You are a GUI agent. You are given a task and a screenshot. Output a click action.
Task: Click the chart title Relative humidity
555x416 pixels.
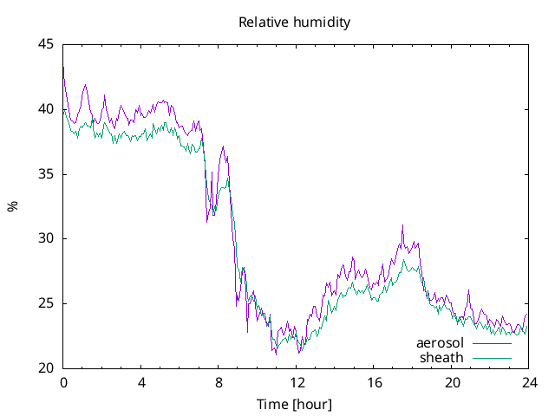295,23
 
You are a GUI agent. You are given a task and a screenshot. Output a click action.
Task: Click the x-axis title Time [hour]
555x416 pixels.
295,405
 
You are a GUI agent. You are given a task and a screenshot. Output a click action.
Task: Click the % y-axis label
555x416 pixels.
12,206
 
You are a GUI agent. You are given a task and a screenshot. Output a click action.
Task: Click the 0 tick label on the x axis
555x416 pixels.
63,382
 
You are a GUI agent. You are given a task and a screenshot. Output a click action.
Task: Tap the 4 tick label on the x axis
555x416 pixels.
141,382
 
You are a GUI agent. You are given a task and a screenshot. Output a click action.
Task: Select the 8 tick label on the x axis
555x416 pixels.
219,382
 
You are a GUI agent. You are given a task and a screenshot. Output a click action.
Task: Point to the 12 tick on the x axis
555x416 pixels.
297,382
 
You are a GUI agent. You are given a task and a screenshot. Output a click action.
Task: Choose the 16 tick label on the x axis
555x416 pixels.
374,382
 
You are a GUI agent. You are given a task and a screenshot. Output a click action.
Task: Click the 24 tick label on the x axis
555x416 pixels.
529,382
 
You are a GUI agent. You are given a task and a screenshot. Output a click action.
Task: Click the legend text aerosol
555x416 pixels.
440,343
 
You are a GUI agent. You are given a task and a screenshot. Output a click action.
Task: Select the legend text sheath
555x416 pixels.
442,357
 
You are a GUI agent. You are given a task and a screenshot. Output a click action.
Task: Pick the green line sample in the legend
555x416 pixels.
492,357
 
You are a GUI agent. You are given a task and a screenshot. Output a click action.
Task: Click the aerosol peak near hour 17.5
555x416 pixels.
402,225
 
